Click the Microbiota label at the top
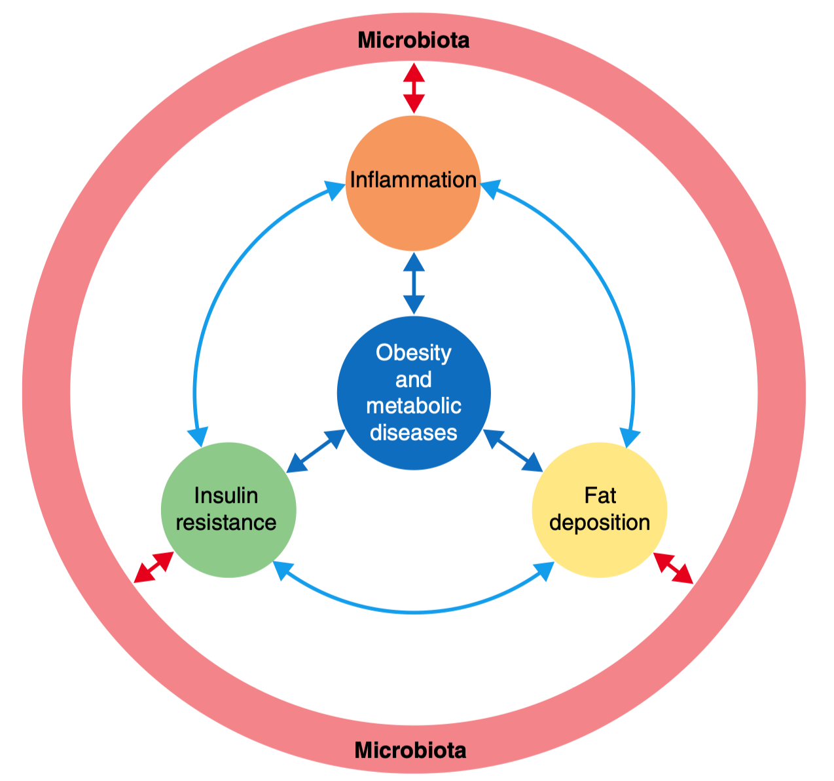414,41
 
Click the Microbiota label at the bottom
410,750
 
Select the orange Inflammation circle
413,210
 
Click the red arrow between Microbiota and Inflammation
414,88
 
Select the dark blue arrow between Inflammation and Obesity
414,283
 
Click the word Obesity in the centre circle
414,353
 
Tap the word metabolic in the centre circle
414,406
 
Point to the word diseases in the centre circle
414,432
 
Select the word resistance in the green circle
227,523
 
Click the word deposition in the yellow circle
600,523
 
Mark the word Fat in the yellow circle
600,496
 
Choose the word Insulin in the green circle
227,496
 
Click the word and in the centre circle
414,380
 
